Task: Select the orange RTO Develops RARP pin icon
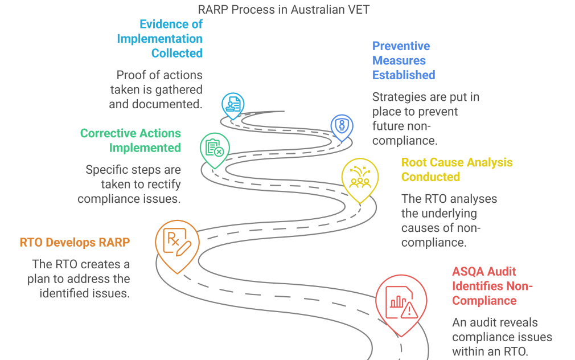click(x=177, y=243)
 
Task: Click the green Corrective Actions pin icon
click(x=215, y=149)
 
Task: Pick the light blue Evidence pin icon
click(x=233, y=104)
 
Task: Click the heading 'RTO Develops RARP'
click(x=75, y=242)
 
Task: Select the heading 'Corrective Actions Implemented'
click(x=130, y=141)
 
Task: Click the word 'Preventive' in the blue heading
click(x=401, y=46)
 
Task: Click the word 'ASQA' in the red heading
click(x=469, y=272)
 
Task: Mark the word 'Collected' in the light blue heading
click(x=176, y=53)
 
